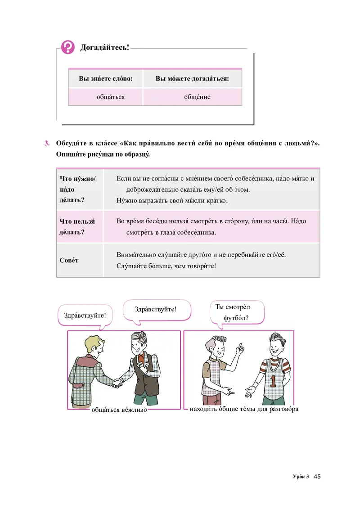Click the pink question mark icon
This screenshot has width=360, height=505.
(x=68, y=46)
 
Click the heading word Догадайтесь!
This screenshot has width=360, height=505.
(x=104, y=47)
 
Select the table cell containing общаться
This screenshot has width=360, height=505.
(x=110, y=97)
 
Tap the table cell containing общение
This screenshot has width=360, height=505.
(x=197, y=97)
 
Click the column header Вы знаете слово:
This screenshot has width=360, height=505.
(x=106, y=78)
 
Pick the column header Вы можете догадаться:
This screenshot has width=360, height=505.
(x=192, y=78)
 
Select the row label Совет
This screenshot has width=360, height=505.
(x=69, y=261)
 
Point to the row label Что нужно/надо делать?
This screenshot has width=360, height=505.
(x=77, y=189)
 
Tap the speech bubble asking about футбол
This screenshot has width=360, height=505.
(x=236, y=312)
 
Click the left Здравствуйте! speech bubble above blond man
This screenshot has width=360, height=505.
(x=85, y=315)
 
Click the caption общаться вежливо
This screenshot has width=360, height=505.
(x=119, y=410)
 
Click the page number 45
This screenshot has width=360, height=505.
(x=317, y=477)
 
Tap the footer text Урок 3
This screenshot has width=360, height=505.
(x=301, y=477)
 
